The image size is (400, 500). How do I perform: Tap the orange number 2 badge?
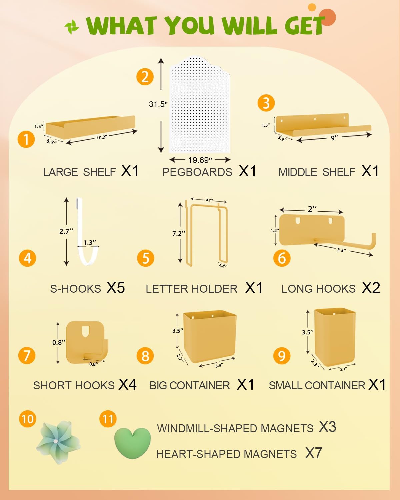point(145,77)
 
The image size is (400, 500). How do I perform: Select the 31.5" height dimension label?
point(158,104)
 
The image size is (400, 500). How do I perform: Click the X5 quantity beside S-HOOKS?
point(115,288)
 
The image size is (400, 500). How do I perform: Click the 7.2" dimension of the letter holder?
point(179,233)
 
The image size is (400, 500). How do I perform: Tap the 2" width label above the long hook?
point(312,209)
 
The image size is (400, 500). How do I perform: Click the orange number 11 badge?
point(108,419)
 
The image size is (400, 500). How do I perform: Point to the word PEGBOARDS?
point(197,172)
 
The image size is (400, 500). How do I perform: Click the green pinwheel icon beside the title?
point(72,27)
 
